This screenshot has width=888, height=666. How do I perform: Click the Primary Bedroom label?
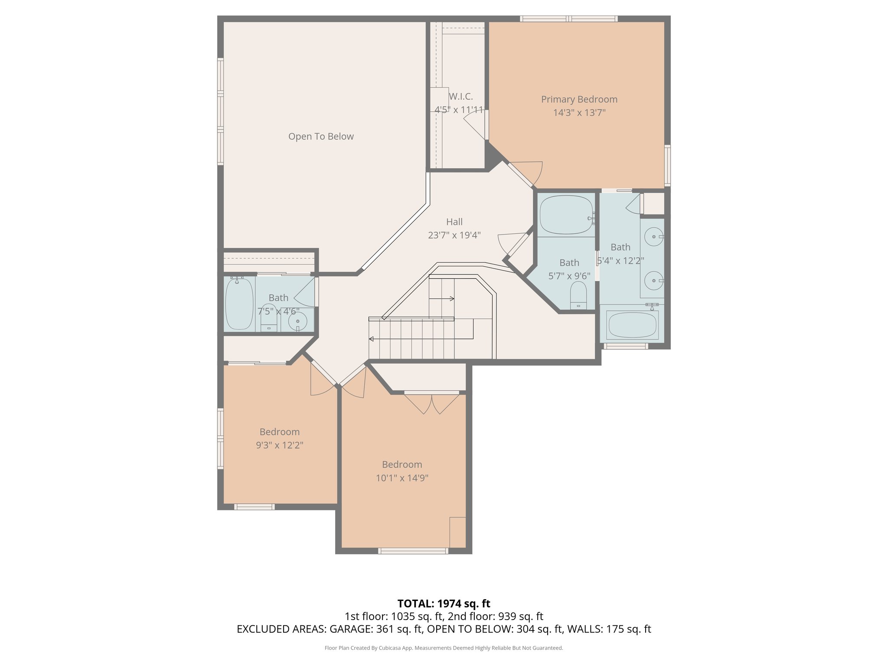coord(579,99)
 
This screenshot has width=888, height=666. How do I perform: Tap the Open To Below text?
coord(321,137)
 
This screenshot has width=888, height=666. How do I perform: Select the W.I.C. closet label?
coord(460,97)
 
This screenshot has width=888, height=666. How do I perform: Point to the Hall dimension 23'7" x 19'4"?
coord(454,235)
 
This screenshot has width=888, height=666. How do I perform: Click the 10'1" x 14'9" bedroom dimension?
coord(402,478)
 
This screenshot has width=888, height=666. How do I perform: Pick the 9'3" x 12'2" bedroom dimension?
coord(279,445)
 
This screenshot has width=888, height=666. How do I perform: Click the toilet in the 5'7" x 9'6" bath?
coord(578,295)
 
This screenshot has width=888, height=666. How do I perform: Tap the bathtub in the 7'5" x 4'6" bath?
coord(239,304)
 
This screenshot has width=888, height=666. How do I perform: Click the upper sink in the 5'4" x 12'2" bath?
coord(653,237)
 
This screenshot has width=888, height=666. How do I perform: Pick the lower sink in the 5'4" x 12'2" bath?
coord(653,281)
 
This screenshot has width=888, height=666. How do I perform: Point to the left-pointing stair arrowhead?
coord(371,339)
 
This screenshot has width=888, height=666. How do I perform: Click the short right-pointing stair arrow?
coord(442,298)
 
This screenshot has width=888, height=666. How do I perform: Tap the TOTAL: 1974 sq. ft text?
coord(444,604)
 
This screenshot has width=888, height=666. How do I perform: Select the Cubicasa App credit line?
coord(444,648)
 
